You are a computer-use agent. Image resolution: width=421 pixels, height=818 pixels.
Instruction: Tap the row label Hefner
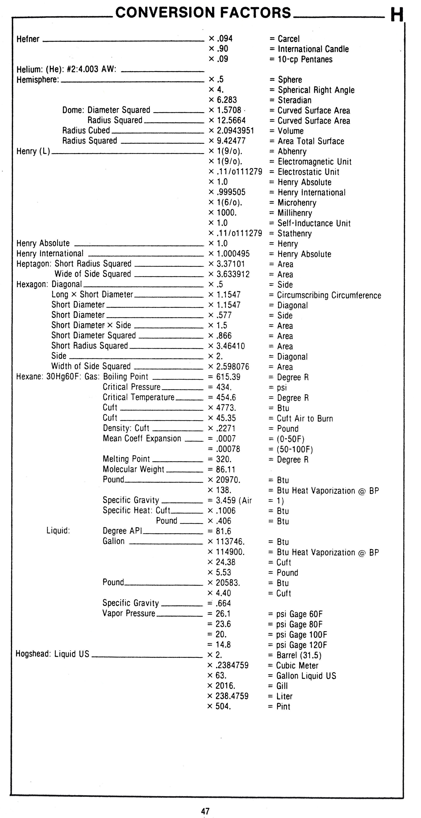[28, 39]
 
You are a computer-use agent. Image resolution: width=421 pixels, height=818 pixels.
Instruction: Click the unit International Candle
[313, 49]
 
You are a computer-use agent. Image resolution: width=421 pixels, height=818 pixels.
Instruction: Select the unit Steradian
[294, 100]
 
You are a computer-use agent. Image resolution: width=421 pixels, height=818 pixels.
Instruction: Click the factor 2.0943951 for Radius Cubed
[235, 131]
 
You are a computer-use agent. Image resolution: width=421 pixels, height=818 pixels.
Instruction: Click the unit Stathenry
[294, 233]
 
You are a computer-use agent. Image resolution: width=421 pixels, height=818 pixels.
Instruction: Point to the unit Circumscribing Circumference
[329, 295]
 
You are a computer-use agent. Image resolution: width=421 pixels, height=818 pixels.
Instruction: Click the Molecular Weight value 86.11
[226, 469]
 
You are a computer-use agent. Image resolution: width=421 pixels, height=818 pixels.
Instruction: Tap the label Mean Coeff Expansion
[142, 439]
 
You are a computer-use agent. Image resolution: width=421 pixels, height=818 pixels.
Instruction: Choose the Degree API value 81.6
[223, 531]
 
